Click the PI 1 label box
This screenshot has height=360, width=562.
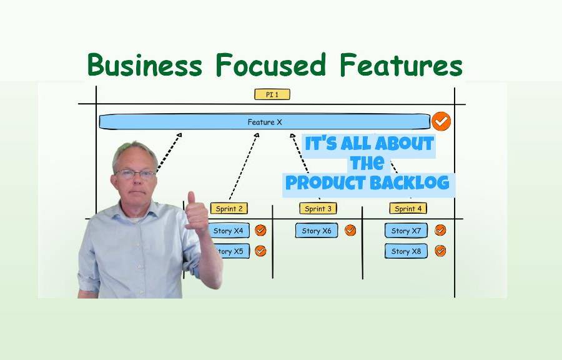coord(272,94)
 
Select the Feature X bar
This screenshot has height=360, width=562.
coord(265,122)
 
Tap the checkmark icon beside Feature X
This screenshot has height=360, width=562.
coord(441,121)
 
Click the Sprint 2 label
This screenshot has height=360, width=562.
coord(229,209)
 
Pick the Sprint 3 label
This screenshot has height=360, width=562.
coord(318,209)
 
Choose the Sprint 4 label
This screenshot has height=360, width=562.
coord(408,209)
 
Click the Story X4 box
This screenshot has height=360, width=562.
coord(229,231)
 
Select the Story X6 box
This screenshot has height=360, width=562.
coord(317,231)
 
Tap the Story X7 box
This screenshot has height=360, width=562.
coord(406,231)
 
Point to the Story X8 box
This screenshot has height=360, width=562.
coord(406,251)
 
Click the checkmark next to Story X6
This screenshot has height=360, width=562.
coord(350,230)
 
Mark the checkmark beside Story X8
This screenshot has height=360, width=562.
coord(440,251)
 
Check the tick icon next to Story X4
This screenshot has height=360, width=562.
coord(260,230)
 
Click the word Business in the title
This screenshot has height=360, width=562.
coord(145,64)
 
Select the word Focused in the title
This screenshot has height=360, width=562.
coord(271,64)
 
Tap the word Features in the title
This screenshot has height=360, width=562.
coord(401,64)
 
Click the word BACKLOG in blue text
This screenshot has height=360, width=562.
coord(409,183)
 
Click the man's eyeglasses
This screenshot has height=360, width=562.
coord(136,174)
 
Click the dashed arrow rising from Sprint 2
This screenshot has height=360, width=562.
coord(244,167)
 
